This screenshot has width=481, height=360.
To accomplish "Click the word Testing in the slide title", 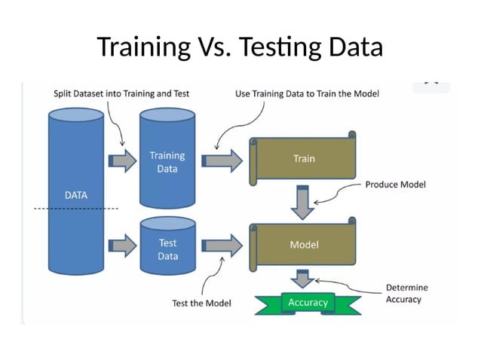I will pyautogui.click(x=279, y=47).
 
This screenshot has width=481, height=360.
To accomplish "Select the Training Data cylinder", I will pyautogui.click(x=167, y=162).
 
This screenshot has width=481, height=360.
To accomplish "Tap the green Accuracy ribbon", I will pyautogui.click(x=308, y=302).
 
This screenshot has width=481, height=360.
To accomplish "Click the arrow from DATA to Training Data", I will pyautogui.click(x=121, y=160).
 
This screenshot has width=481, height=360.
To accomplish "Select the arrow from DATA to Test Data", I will pyautogui.click(x=121, y=245).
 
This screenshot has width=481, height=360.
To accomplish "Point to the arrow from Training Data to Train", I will pyautogui.click(x=225, y=160).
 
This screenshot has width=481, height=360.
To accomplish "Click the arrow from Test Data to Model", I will pyautogui.click(x=225, y=245).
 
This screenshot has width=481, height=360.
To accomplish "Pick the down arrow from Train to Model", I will pyautogui.click(x=303, y=200).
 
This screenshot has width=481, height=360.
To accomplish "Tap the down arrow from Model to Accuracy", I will pyautogui.click(x=303, y=279).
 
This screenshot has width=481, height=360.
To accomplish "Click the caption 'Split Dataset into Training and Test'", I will pyautogui.click(x=121, y=94).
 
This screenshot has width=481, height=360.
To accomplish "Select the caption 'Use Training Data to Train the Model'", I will pyautogui.click(x=307, y=94).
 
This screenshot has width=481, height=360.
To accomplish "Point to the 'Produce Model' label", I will pyautogui.click(x=395, y=185).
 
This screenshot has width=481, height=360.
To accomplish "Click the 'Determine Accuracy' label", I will pyautogui.click(x=406, y=293).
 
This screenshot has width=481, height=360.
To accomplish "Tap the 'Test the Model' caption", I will pyautogui.click(x=201, y=303).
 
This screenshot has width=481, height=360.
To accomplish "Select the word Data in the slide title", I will pyautogui.click(x=355, y=47).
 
